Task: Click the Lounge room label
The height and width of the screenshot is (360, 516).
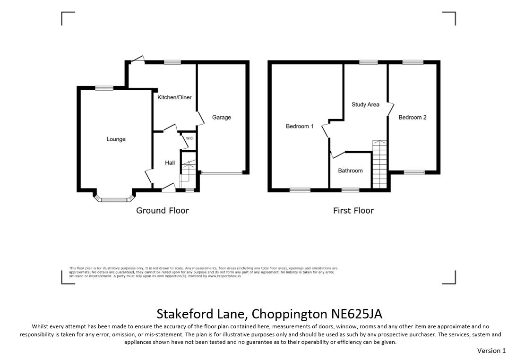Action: tap(116, 139)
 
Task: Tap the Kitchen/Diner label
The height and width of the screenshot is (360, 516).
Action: tap(174, 97)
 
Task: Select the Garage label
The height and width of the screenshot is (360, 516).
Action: tap(222, 118)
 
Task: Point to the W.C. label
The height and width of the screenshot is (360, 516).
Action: tap(189, 138)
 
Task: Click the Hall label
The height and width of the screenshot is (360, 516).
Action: tap(170, 163)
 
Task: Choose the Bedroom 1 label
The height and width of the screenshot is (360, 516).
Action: tap(300, 126)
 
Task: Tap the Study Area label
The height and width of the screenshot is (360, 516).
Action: tap(365, 104)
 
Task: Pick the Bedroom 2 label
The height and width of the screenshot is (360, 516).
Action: tap(413, 118)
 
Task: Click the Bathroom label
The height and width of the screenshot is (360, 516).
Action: tap(351, 171)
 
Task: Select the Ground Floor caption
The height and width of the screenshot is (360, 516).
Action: tap(163, 211)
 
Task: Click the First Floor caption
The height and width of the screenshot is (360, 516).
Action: tap(353, 211)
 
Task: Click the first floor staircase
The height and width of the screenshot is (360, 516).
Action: tap(379, 164)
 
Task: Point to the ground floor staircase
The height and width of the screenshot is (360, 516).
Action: tap(188, 171)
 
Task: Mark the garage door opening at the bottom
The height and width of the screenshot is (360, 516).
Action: tap(222, 172)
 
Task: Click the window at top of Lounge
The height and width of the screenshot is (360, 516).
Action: tap(104, 88)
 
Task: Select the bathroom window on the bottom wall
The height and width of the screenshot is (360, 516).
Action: tap(351, 190)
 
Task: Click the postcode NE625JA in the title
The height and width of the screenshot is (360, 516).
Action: tap(357, 314)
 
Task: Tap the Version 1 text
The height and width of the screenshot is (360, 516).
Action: tap(491, 351)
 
